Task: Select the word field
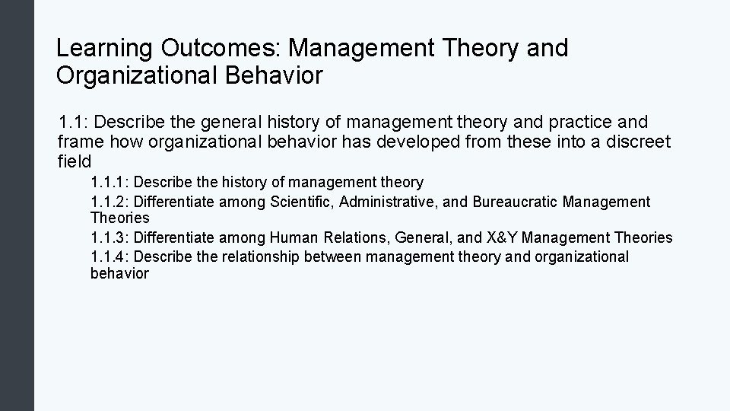click(75, 161)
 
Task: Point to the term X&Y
click(500, 238)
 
